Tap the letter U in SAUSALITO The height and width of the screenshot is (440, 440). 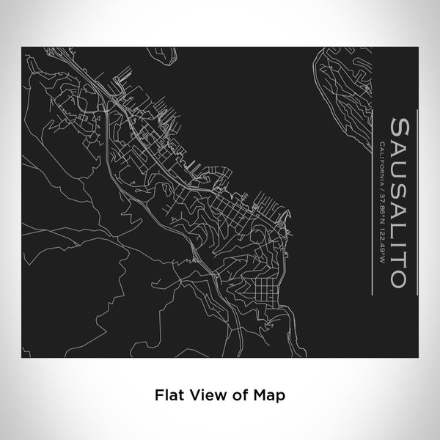click(400, 164)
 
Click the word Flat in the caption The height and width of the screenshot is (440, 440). click(167, 395)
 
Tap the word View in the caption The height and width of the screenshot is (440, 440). click(202, 395)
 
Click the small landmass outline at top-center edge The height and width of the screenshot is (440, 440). click(163, 54)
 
